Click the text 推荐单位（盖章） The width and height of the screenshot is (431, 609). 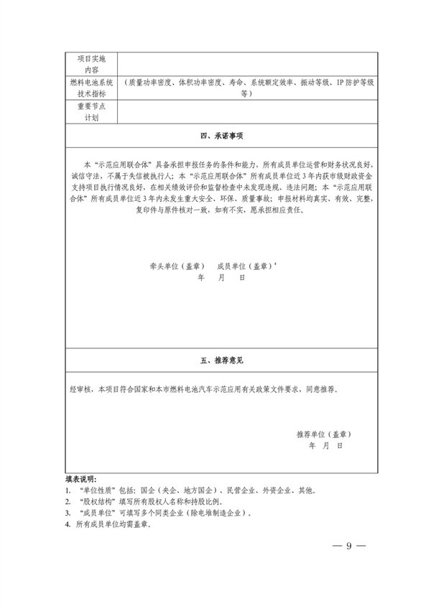[x=323, y=435]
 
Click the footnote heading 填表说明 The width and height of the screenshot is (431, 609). [x=80, y=478]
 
